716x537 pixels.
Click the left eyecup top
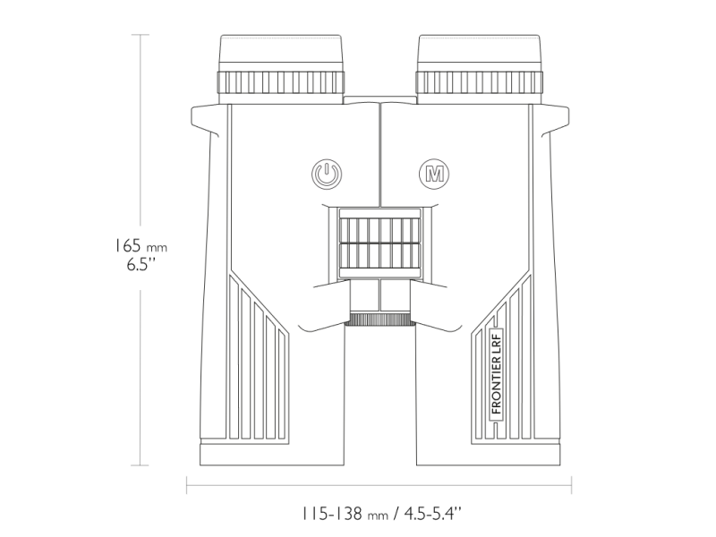(x=280, y=50)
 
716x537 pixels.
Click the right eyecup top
(x=480, y=50)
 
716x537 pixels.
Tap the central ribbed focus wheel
(x=379, y=242)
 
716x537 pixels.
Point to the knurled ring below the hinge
(x=379, y=320)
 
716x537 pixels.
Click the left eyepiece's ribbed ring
(x=280, y=83)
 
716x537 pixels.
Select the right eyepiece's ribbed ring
(x=480, y=83)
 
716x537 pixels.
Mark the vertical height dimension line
(x=141, y=134)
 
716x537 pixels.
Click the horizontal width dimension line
(x=379, y=488)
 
